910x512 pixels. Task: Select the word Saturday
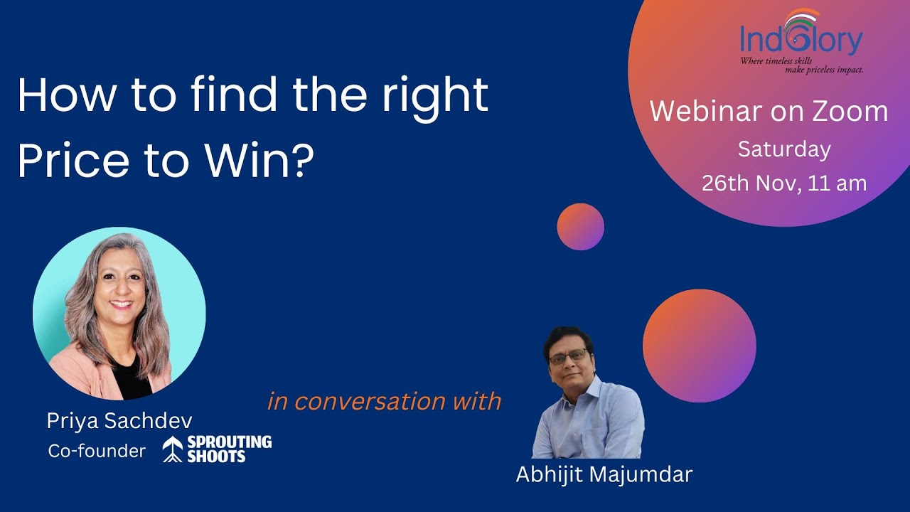784,149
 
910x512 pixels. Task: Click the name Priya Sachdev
119,421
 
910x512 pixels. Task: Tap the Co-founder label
97,451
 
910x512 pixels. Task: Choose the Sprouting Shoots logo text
229,449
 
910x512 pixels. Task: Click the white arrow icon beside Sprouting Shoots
173,449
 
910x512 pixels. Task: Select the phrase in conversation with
384,401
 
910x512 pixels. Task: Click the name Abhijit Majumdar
604,474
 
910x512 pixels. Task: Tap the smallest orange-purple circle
580,227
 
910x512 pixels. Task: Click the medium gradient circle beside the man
699,346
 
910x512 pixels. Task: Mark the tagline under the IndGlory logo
802,65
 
